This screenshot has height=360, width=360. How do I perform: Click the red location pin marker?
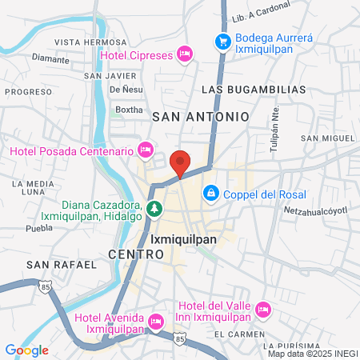pos(181,162)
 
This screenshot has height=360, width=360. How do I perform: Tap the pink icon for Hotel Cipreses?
pos(185,54)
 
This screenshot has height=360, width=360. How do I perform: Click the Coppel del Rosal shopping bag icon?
pos(210,192)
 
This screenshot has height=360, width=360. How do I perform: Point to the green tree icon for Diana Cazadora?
pos(154,210)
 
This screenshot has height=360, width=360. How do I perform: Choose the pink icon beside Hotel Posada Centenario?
pos(145,150)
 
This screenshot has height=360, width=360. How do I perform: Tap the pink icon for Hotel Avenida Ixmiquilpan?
pos(155,322)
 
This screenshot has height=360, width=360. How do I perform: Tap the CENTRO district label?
pos(136,254)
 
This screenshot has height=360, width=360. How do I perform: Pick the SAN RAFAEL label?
pos(56,264)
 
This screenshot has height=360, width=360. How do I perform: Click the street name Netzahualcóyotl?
pos(318,210)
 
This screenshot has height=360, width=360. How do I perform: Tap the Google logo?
pos(26,350)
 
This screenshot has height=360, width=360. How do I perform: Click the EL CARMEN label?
pos(240,334)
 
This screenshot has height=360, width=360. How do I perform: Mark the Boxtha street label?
pos(129,110)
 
